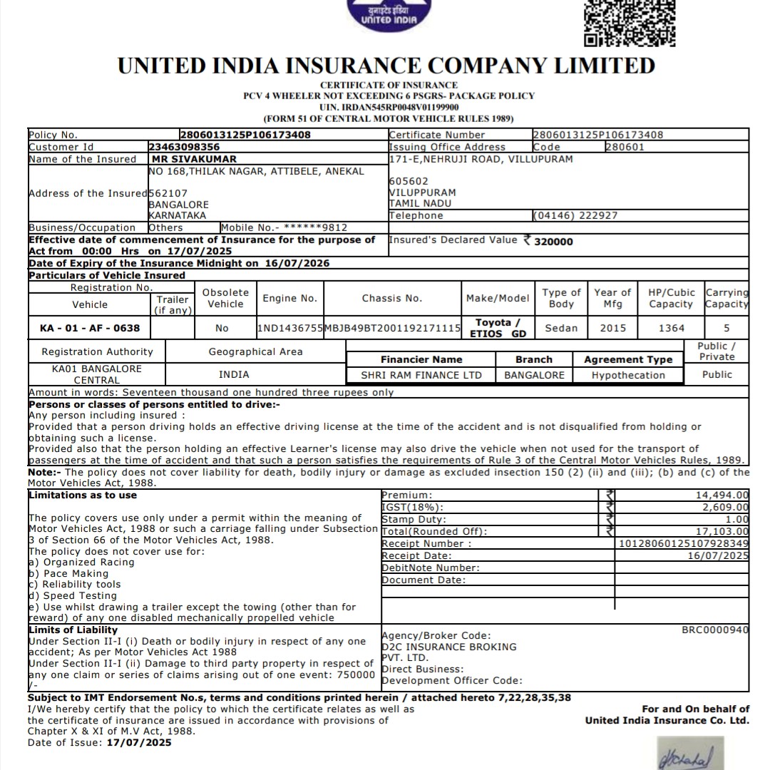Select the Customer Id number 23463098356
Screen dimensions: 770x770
[x=184, y=147]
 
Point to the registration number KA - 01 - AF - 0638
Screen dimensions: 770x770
[x=90, y=328]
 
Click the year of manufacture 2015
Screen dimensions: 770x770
[x=612, y=328]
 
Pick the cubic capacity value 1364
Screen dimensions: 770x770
[x=671, y=328]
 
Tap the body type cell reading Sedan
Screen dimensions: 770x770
[x=561, y=328]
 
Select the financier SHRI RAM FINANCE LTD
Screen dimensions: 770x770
[x=421, y=375]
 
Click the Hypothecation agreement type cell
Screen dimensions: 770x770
[x=627, y=375]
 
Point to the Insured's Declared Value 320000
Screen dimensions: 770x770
[x=553, y=242]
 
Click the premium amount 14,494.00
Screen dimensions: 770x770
[x=722, y=495]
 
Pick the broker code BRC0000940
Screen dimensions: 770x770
[x=715, y=630]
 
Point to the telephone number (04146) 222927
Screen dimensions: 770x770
[x=575, y=215]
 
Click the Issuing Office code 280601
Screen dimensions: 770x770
[x=625, y=147]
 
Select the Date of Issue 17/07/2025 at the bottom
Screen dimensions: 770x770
[x=139, y=742]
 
